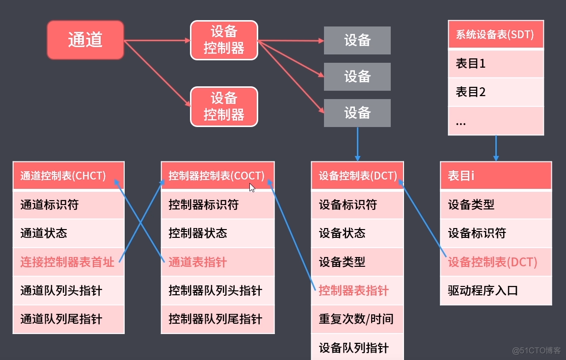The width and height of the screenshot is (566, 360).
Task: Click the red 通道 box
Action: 85,40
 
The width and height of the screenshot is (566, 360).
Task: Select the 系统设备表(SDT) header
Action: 496,34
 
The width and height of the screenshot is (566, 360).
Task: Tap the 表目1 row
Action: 496,63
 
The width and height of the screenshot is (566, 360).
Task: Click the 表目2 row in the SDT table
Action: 496,92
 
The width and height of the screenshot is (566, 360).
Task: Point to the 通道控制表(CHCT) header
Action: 68,176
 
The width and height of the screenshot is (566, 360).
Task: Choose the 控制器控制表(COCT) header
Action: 217,176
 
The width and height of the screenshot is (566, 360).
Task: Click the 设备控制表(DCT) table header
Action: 357,176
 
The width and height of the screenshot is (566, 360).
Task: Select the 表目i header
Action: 496,176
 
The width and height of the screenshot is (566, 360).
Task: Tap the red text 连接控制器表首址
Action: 67,262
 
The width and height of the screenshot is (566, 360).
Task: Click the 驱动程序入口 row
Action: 496,290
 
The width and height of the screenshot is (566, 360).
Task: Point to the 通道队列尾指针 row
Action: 68,319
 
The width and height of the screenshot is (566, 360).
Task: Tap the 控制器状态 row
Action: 217,233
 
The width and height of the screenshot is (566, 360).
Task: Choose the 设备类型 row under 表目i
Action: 496,205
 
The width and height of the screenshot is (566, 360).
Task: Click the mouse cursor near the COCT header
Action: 252,187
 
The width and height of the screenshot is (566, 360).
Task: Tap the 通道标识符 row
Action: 68,205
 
